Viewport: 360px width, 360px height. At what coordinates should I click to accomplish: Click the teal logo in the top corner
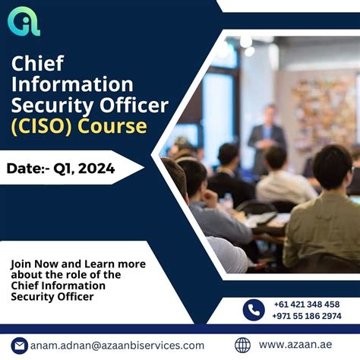24,21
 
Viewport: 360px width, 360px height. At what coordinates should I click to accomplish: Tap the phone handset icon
254,310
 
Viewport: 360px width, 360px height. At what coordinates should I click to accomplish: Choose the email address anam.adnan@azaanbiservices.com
117,346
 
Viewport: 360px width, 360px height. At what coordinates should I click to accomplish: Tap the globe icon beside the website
243,346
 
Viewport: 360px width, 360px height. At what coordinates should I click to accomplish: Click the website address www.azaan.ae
294,346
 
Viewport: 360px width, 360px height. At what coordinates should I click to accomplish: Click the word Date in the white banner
27,169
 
